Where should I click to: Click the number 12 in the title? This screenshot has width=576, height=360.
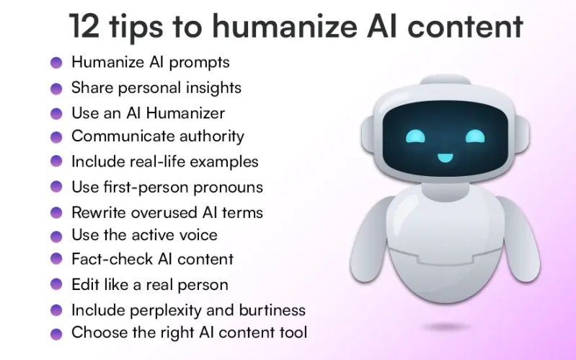85,27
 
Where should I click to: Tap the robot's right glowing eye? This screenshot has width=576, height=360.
475,136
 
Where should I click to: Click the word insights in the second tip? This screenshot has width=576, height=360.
214,88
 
